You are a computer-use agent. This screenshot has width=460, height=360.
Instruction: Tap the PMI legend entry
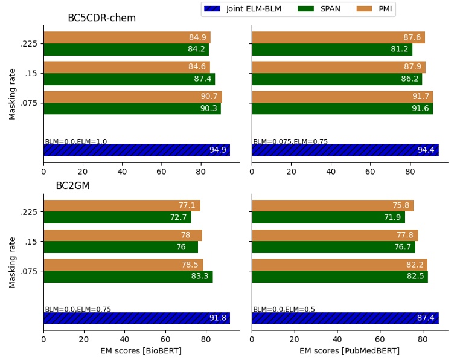375,9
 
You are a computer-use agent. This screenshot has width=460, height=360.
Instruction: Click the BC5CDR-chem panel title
101,18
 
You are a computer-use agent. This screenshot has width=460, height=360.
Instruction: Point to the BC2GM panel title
72,186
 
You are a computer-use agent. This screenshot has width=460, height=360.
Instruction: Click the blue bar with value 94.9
136,150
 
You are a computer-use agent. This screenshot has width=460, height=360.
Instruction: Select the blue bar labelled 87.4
345,318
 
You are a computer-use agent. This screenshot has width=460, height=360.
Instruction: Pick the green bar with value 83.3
128,277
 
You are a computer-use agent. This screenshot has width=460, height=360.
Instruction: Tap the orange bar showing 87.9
338,67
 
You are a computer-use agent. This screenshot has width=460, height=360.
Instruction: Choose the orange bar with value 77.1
121,206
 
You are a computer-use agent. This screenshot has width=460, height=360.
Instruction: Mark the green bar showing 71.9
328,217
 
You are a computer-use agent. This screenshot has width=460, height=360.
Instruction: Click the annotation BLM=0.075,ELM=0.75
290,142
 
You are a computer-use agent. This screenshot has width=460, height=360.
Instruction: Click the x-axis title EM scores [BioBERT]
141,351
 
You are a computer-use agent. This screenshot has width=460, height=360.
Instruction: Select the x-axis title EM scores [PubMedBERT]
350,351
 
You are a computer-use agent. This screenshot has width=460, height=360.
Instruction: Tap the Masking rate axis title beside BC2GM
13,262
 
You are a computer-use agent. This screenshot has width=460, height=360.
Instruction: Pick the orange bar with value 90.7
132,97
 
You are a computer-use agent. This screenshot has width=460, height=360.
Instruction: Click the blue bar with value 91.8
136,318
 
